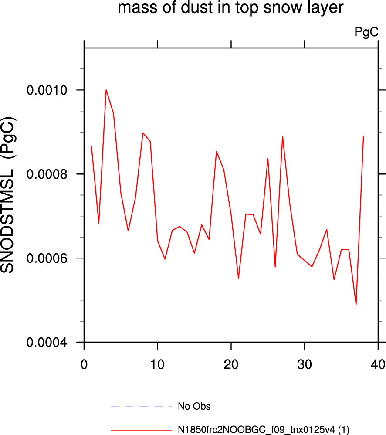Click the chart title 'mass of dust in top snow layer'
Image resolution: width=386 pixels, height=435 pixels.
point(230,7)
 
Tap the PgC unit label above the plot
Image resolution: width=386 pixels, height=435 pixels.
point(366,32)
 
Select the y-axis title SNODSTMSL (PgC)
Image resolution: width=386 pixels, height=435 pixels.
point(8,195)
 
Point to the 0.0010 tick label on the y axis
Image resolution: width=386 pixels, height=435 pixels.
point(47,90)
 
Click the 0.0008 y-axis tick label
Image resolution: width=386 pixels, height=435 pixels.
point(47,174)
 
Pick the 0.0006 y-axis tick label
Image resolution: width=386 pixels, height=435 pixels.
point(47,258)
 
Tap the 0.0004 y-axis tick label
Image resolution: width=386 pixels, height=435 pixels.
point(47,342)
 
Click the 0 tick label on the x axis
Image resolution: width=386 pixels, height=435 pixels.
point(84,364)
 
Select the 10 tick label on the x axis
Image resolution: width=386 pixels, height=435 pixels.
point(158,364)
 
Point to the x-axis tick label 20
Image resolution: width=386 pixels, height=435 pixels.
point(231,364)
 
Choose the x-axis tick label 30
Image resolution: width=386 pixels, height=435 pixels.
point(305,364)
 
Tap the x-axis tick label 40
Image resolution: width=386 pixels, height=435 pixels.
point(378,364)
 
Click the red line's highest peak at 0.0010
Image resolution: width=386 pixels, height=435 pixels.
point(106,90)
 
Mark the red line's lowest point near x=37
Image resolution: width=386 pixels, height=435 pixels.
point(356,305)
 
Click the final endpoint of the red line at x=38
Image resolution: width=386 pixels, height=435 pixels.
point(363,136)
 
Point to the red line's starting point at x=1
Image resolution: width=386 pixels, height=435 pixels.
point(91,146)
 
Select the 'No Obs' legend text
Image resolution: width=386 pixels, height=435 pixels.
point(194,406)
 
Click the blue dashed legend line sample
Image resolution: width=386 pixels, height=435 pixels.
point(142,406)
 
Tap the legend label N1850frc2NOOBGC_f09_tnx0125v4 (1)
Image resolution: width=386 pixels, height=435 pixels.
point(264,430)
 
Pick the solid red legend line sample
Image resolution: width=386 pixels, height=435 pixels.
point(142,430)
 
